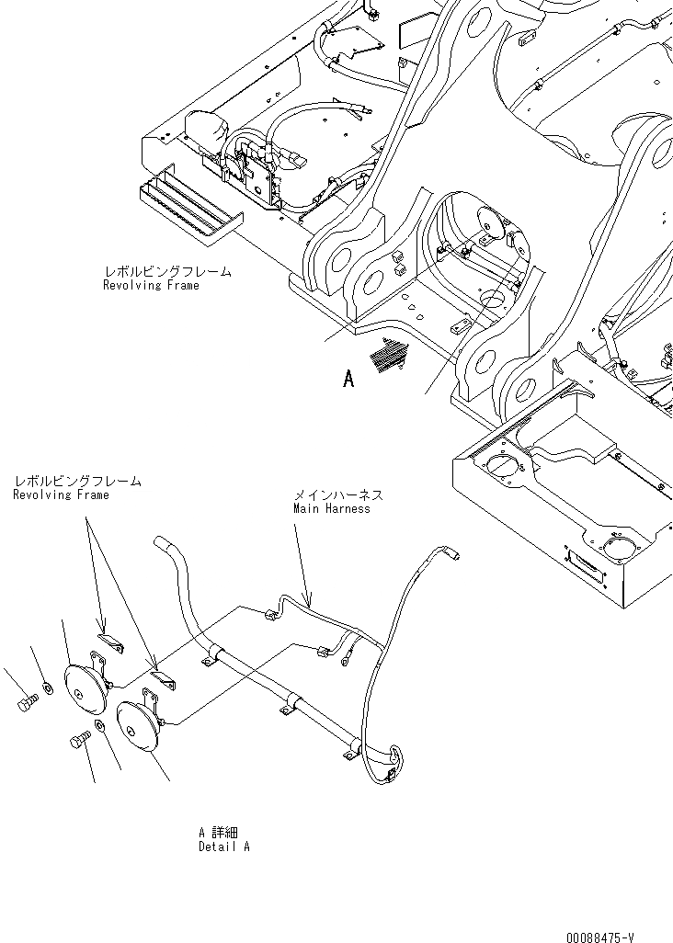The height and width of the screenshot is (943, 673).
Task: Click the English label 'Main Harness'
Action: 331,508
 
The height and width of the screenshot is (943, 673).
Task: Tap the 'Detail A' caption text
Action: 223,846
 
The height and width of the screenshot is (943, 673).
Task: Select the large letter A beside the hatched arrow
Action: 348,378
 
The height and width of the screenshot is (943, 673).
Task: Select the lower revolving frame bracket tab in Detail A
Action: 163,681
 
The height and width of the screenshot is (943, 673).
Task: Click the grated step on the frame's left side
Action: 188,207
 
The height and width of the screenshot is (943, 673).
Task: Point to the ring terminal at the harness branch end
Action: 348,655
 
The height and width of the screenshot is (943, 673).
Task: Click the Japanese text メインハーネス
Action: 337,494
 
